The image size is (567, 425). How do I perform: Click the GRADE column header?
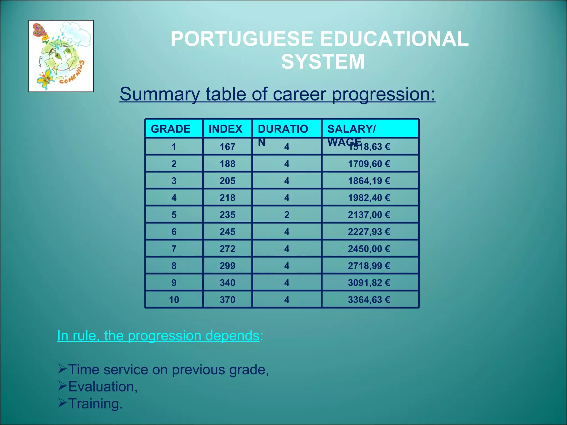point(171,129)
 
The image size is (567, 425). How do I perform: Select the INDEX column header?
point(225,129)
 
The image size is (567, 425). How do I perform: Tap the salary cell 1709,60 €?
point(369,164)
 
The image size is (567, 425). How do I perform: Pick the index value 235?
point(227,215)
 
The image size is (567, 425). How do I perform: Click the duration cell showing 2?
point(287,215)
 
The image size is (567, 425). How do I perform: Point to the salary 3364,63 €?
point(369,300)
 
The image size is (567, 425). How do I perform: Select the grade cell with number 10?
point(174,300)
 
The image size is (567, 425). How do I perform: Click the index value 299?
point(227,266)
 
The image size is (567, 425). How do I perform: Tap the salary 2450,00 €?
point(369,249)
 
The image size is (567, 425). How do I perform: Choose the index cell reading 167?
point(227,147)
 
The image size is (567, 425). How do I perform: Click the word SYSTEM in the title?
point(323,62)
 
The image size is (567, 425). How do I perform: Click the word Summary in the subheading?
point(159,94)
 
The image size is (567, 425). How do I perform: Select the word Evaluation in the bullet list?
point(103,387)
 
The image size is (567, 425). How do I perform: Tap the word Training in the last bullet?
point(95,403)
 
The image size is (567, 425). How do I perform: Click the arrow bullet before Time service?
point(62,369)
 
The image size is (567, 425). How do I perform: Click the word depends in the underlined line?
point(232,336)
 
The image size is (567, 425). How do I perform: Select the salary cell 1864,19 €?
point(369,181)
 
